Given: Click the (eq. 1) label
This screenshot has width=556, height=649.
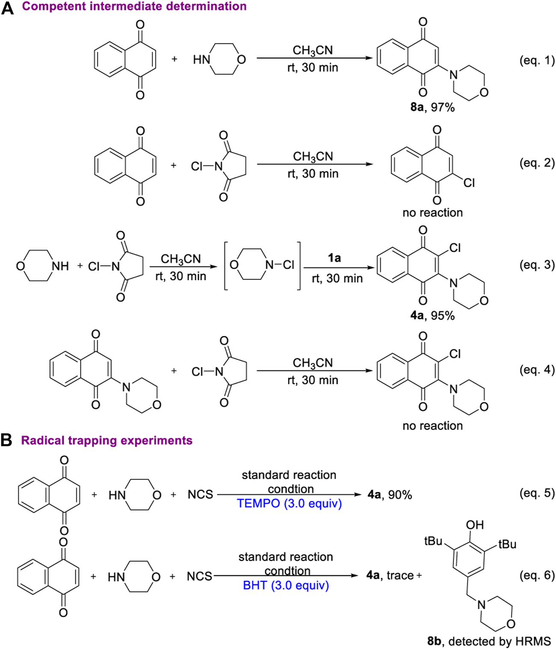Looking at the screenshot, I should click(537, 60).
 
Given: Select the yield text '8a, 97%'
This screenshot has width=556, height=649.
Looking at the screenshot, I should click(432, 107).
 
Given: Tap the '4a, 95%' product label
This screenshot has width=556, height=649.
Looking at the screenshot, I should click(432, 316).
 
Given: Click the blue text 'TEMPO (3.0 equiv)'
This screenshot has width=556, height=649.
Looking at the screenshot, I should click(289, 504).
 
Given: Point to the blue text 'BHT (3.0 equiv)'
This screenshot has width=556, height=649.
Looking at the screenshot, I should click(286, 585).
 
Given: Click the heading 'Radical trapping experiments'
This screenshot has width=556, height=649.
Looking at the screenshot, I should click(106, 440).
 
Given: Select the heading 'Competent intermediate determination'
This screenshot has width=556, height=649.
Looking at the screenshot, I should click(134, 6).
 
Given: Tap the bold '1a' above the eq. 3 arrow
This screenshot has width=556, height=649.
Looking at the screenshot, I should click(334, 258).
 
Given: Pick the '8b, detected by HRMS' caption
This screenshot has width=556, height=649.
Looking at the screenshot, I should click(489, 641).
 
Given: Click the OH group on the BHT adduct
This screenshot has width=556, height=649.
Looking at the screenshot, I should click(475, 525).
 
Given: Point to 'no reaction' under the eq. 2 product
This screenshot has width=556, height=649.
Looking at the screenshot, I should click(432, 213).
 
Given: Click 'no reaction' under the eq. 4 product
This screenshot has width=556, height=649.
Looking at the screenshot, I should click(432, 426).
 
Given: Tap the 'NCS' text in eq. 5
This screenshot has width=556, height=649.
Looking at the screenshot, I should click(200, 495).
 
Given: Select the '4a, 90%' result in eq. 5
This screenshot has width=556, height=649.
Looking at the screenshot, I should click(390, 495).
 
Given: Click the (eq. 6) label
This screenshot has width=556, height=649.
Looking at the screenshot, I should click(537, 575).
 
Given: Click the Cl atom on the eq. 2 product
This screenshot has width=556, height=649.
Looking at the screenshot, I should click(469, 183).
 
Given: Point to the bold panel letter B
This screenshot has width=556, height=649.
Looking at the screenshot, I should click(6, 440).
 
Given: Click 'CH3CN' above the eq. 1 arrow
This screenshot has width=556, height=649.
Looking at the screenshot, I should click(313, 50).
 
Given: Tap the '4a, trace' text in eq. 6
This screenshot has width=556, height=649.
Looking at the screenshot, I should click(390, 575).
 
